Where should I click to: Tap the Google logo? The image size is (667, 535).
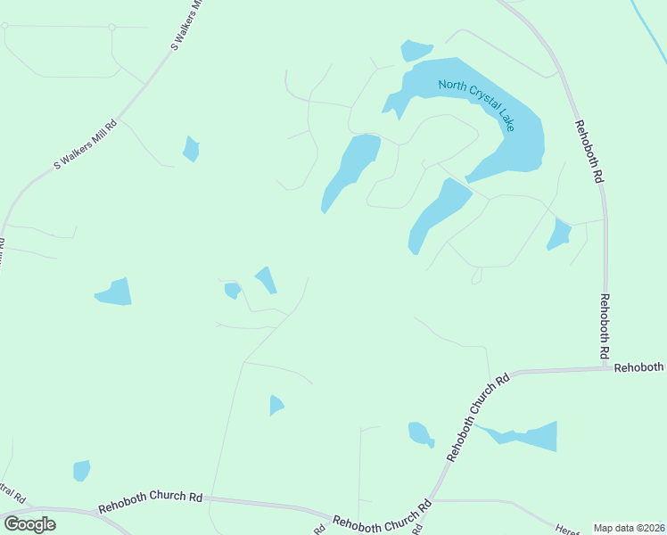coord(29,524)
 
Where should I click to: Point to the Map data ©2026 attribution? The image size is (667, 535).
coord(629,528)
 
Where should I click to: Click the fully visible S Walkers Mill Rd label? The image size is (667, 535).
coord(86,144)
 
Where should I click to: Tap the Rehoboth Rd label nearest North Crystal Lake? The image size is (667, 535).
coord(589,152)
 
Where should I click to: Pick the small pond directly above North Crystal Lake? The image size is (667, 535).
coord(416,50)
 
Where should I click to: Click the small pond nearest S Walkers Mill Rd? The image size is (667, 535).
coord(191,148)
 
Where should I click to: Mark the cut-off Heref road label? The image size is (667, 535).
coord(565,528)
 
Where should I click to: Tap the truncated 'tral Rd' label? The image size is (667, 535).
coord(12,492)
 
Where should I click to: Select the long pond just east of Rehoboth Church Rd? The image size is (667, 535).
coord(531,436)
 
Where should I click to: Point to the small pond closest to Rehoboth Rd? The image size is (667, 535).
coord(559,235)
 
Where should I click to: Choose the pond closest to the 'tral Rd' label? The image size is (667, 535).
coord(81,470)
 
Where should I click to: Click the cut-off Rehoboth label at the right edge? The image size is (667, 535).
coord(639,367)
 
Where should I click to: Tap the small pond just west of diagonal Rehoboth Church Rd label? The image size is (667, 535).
coord(420,434)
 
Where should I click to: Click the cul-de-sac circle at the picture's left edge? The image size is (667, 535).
coord(4,27)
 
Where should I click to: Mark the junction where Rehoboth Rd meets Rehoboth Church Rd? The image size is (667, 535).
coord(605,366)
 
